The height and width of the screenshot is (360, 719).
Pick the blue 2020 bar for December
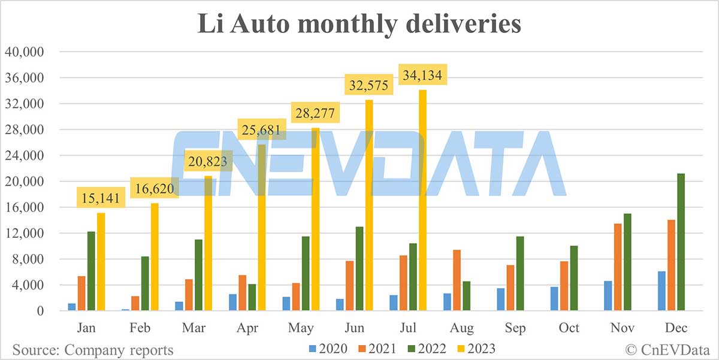tap(661, 291)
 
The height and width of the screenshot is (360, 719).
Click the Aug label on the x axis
tap(462, 328)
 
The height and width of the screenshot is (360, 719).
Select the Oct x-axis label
tap(569, 328)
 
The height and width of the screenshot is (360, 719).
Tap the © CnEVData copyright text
tap(667, 349)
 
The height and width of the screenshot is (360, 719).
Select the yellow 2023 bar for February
tap(155, 258)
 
